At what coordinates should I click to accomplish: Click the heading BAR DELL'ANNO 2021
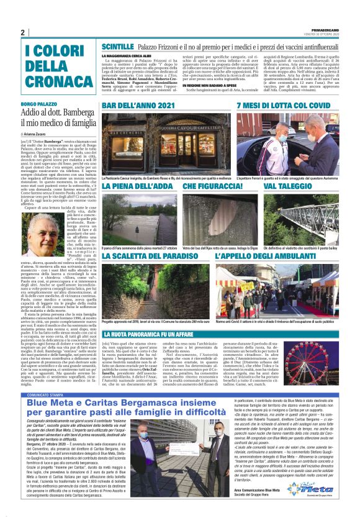tap(138, 106)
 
